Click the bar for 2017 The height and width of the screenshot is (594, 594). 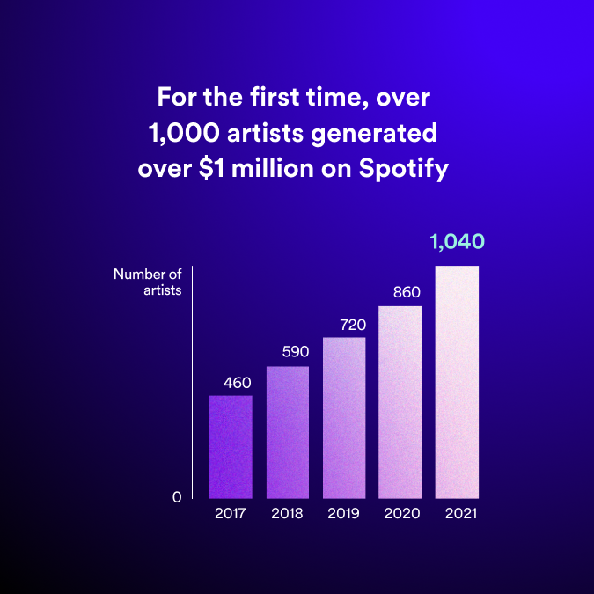coord(231,447)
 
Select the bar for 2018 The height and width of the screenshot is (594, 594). coord(288,432)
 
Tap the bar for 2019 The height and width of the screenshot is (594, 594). coord(344,418)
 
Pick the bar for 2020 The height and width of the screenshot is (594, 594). coord(400,402)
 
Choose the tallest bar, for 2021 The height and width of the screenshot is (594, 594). coord(457,382)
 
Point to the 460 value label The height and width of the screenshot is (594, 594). coord(238,383)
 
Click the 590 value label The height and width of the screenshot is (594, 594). coord(296,352)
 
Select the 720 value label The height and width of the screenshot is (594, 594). coord(353,325)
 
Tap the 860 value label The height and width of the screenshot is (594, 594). coord(407,292)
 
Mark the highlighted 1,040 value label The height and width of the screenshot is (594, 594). coord(458,242)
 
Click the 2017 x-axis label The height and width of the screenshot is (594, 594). coord(231,513)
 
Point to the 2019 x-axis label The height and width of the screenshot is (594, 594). coord(343,513)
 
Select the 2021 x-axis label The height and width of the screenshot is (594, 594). coord(461,513)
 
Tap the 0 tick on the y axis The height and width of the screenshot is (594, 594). coord(177,497)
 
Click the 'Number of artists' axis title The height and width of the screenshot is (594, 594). coord(148,282)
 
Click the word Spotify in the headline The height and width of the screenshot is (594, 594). coord(404,169)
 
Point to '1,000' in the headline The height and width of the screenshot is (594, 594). coord(184,133)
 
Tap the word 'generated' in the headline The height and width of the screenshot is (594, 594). coord(374,134)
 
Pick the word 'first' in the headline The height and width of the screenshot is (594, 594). coord(275,97)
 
